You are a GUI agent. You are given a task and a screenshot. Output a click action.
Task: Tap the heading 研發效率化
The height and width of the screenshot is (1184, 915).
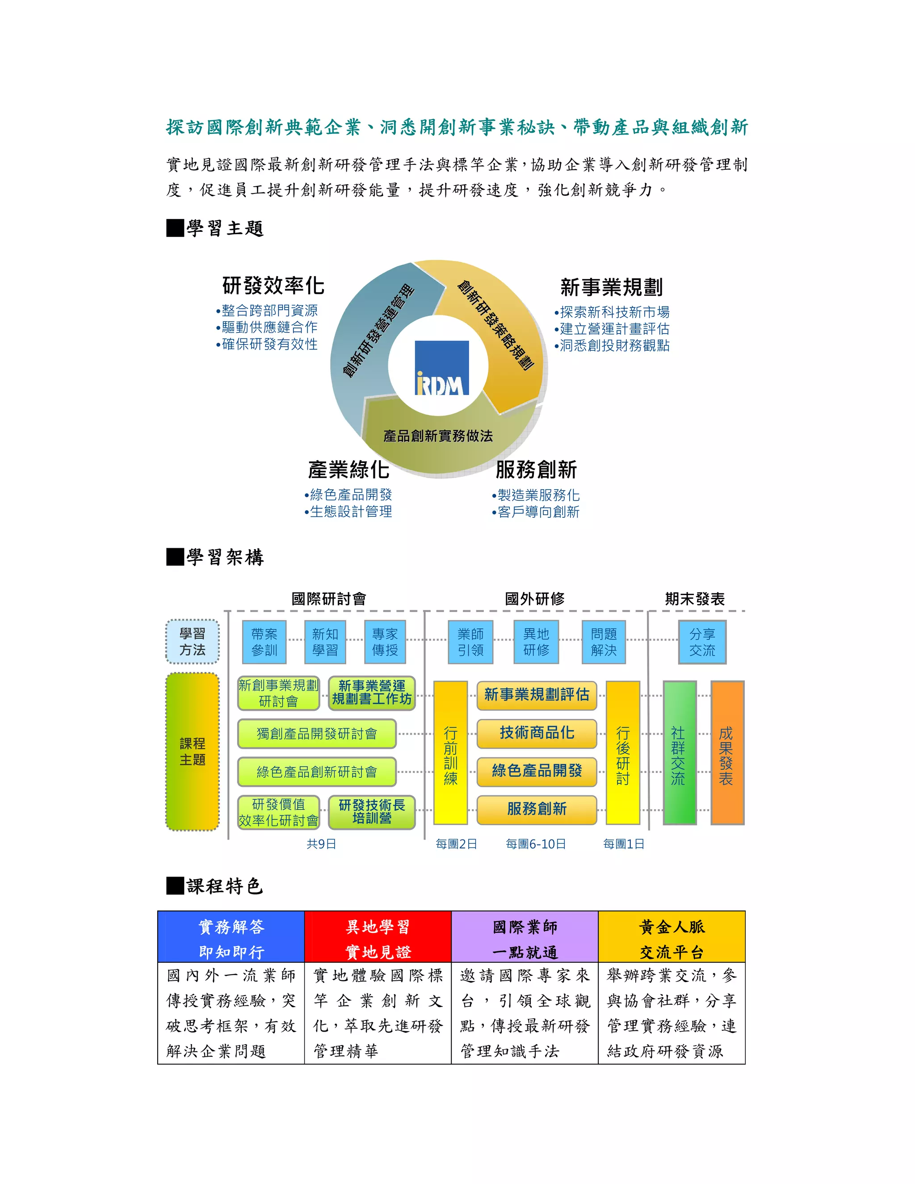[273, 286]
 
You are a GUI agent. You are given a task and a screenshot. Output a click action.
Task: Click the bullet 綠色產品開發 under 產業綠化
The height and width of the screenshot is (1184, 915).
[350, 495]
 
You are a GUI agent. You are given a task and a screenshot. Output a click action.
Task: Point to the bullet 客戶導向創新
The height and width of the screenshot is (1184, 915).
[538, 512]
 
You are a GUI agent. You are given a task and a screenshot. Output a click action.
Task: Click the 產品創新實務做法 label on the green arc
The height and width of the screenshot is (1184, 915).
[438, 436]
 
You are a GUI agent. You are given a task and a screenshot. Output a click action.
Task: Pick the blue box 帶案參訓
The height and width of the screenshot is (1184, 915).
[264, 642]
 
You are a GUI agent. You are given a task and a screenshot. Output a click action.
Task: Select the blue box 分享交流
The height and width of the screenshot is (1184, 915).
[702, 642]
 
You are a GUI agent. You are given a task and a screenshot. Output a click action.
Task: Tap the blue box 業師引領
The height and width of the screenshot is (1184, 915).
[470, 642]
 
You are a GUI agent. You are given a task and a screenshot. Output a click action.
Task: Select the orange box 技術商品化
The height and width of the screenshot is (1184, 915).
[537, 733]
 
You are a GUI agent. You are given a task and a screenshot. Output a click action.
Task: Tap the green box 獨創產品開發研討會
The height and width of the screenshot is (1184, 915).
[317, 734]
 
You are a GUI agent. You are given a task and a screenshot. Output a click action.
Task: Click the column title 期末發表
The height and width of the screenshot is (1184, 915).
[694, 599]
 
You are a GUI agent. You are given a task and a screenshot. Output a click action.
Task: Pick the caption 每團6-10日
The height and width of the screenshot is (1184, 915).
[536, 844]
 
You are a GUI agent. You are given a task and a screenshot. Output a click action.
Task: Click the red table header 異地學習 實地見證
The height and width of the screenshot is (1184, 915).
[378, 939]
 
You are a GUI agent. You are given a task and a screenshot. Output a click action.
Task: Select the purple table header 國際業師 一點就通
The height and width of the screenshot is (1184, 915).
[525, 939]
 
